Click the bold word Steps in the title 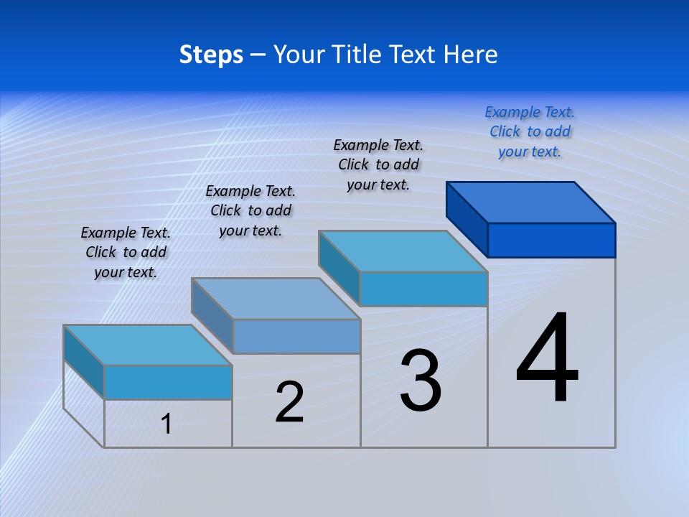tap(211, 55)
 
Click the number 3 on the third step tap(421, 381)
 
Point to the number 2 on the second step tap(290, 402)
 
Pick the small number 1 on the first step tap(167, 424)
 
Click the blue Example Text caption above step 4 tap(530, 131)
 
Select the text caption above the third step tap(378, 164)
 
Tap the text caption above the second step tap(250, 210)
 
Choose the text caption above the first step tap(126, 252)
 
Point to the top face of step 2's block tap(276, 299)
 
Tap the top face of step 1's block tap(148, 345)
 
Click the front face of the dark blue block tap(551, 240)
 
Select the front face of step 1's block tap(168, 382)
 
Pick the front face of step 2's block tap(296, 336)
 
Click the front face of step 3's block tap(423, 289)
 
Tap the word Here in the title tap(472, 55)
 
